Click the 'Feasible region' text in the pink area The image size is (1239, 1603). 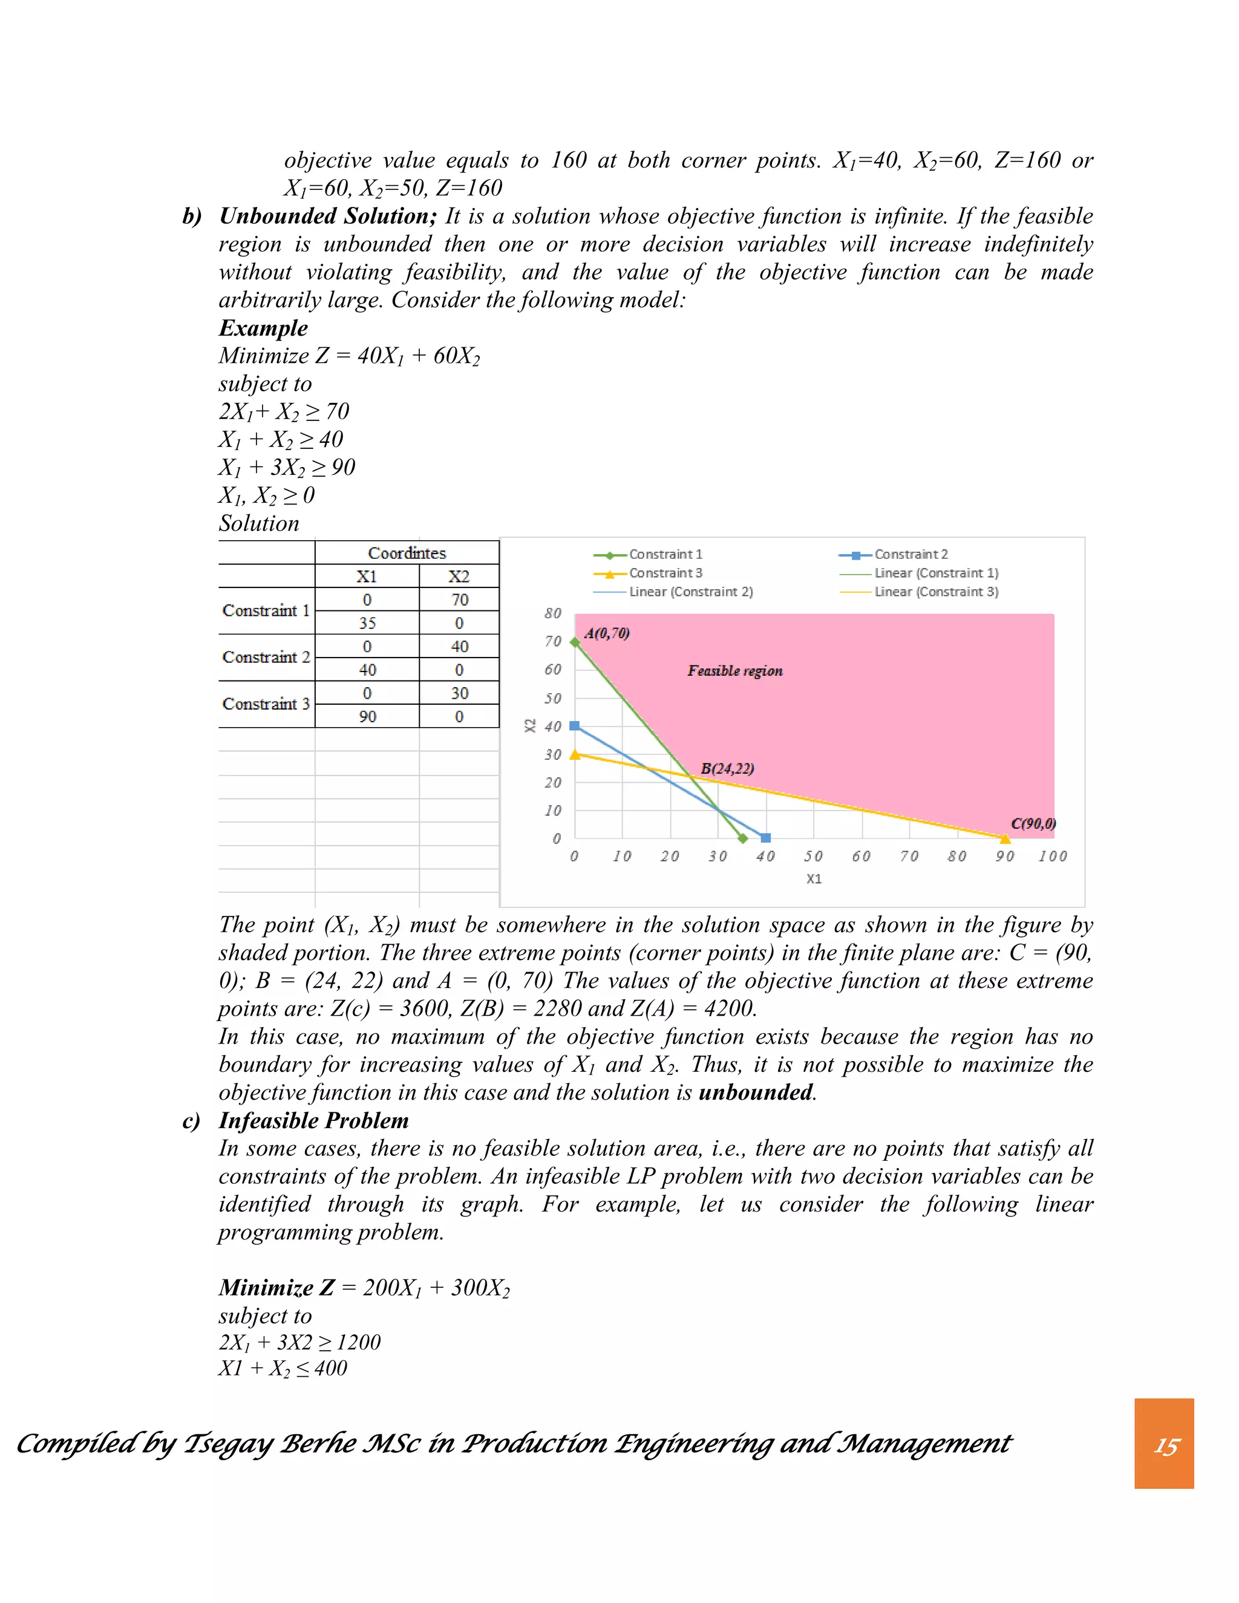(734, 671)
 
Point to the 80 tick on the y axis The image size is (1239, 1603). (553, 613)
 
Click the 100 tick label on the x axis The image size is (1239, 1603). (1052, 856)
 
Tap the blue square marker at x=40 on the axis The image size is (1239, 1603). (765, 837)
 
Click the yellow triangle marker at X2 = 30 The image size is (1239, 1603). (575, 754)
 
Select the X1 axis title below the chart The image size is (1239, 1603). (813, 878)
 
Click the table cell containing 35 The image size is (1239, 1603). (367, 623)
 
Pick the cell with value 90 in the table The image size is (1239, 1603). (367, 716)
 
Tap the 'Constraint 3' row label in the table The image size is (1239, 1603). (266, 704)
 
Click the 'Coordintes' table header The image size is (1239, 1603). (407, 553)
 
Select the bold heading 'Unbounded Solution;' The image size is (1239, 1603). (328, 216)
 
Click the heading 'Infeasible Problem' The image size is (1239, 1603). (313, 1120)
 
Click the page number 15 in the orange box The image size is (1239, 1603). (1166, 1446)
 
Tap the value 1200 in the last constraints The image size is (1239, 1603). (358, 1342)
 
